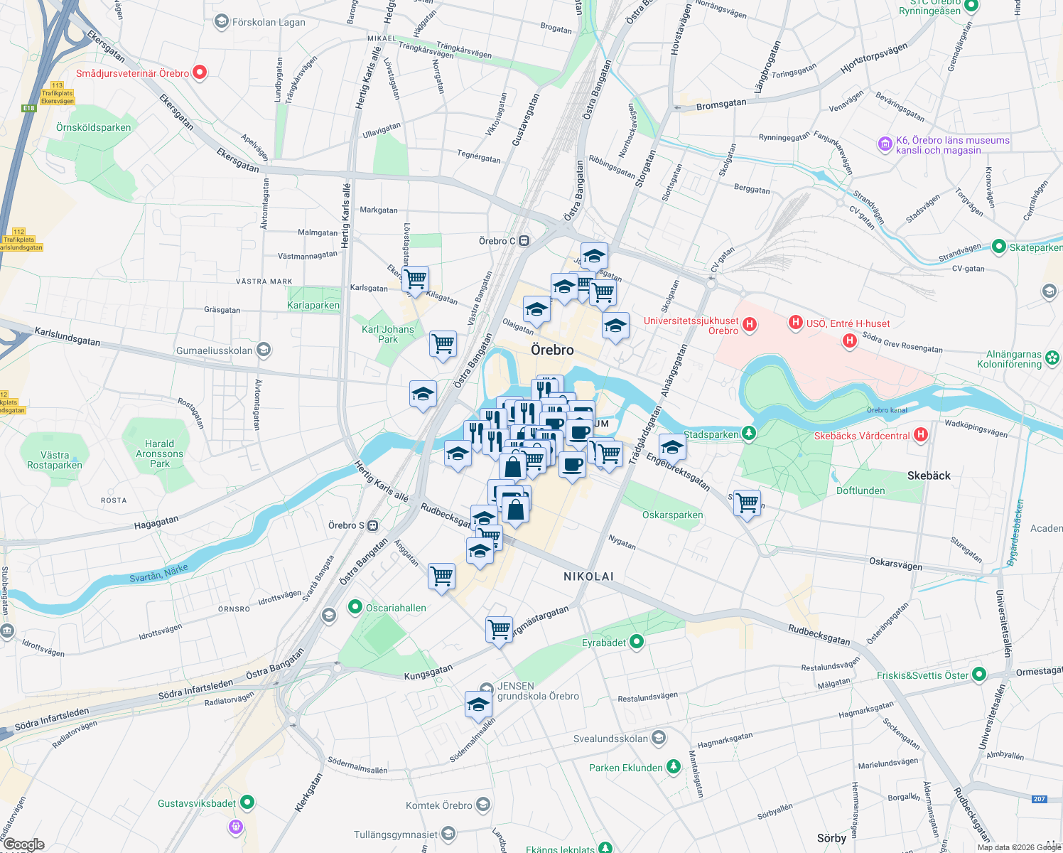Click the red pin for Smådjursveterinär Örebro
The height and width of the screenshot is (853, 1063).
[200, 72]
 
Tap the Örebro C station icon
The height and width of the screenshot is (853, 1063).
[524, 241]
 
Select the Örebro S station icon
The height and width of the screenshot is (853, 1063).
[373, 525]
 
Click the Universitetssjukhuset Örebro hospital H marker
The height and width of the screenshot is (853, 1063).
[749, 325]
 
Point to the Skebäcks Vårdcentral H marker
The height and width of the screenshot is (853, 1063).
[921, 434]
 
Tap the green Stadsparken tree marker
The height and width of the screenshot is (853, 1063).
[748, 433]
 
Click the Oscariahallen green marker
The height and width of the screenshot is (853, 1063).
[355, 607]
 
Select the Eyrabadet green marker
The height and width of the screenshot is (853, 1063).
[637, 642]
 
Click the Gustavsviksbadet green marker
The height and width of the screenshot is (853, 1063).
[247, 803]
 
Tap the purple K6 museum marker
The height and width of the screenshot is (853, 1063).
[885, 144]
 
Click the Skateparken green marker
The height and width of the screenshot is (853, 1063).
[999, 247]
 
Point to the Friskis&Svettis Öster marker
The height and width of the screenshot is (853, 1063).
[979, 674]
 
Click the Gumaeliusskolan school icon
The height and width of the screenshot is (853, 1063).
[264, 350]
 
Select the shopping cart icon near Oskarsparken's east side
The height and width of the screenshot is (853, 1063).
[747, 503]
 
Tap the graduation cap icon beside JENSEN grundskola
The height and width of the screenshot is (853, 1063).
[478, 704]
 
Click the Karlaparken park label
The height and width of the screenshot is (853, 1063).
[313, 305]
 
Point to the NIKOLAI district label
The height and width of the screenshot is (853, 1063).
[588, 576]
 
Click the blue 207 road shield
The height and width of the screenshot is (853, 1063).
[1040, 799]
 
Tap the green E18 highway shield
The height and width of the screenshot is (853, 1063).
[28, 108]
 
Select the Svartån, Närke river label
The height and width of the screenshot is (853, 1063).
[159, 573]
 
